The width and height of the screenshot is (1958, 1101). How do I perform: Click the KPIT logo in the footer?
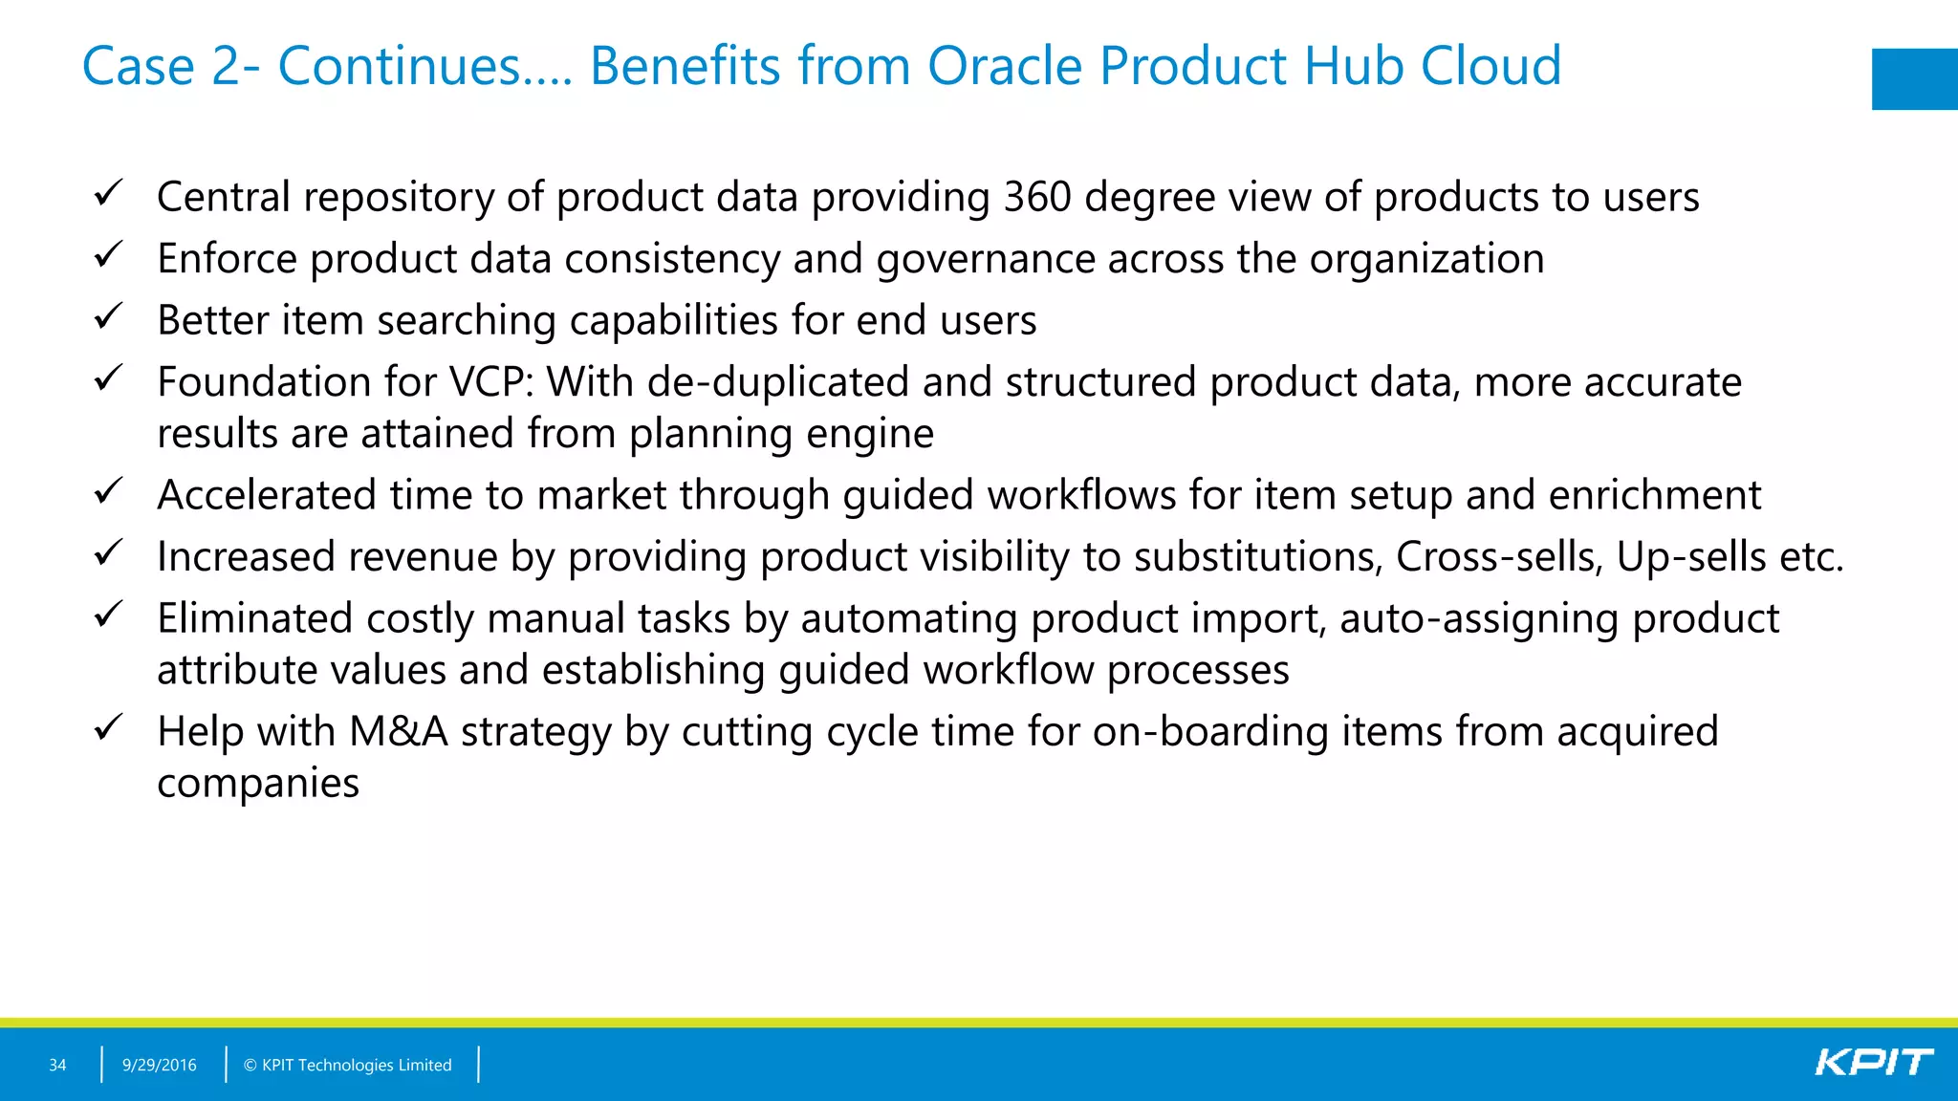coord(1873,1063)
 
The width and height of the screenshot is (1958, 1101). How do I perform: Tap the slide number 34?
coord(57,1065)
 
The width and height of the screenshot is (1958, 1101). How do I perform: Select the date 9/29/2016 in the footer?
coord(159,1065)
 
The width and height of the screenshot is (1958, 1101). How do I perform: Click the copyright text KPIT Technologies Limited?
coord(347,1065)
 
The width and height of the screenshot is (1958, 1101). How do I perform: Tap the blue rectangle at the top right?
coord(1914,79)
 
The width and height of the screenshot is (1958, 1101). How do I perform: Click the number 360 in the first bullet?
coord(1037,197)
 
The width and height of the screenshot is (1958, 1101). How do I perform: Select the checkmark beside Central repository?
coord(109,193)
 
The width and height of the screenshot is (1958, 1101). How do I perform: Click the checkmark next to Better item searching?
coord(109,316)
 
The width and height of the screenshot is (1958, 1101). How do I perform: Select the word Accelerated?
coord(267,495)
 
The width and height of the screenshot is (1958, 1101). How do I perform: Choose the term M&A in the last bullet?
coord(399,732)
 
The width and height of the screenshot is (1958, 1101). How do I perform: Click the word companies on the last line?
coord(258,785)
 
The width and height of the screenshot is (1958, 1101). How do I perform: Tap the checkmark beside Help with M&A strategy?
coord(109,728)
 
